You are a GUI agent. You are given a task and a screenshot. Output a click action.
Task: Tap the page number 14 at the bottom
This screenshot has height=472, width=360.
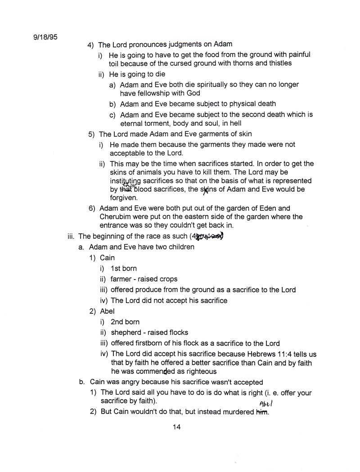(x=176, y=427)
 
